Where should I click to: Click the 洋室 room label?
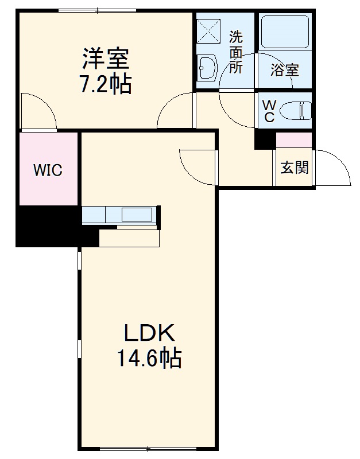pyautogui.click(x=105, y=59)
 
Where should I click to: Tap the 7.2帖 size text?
pyautogui.click(x=105, y=84)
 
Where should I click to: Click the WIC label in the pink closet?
pyautogui.click(x=47, y=170)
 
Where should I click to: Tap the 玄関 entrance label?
pyautogui.click(x=295, y=168)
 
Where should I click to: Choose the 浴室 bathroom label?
pyautogui.click(x=285, y=71)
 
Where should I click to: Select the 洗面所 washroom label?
pyautogui.click(x=237, y=52)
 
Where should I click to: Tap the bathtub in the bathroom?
pyautogui.click(x=285, y=33)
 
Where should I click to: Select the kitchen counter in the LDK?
pyautogui.click(x=119, y=215)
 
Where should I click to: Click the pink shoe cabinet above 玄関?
pyautogui.click(x=294, y=139)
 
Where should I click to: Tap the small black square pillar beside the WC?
pyautogui.click(x=265, y=139)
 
